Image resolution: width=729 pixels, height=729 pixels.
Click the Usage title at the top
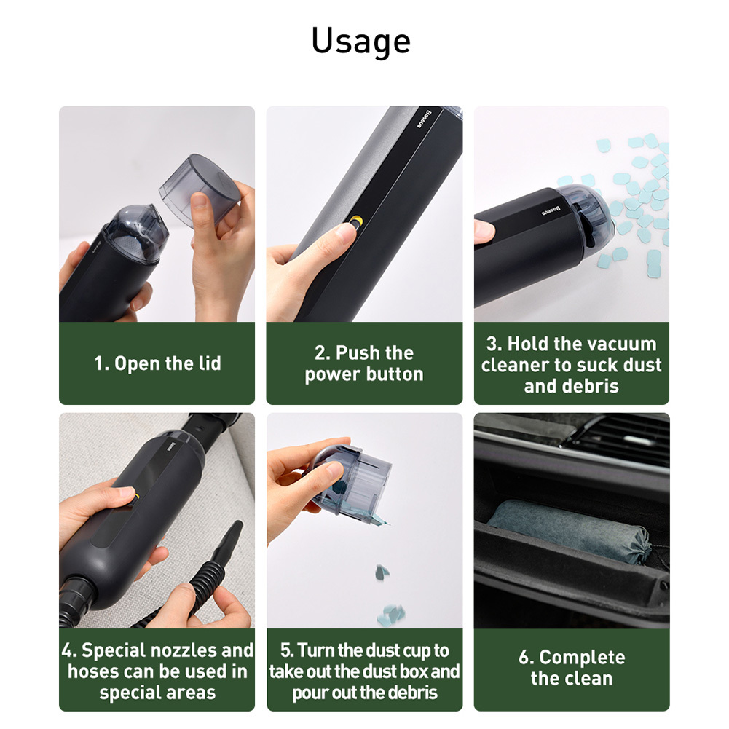coord(360,42)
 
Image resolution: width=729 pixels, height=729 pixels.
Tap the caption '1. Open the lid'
coord(157,363)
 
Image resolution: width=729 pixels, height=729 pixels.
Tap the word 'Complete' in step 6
coord(582,658)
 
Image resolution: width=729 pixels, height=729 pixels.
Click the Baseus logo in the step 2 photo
coord(425,119)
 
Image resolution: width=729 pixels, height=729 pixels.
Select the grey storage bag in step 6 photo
coord(570,530)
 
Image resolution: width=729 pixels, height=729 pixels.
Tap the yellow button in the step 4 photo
coord(135,498)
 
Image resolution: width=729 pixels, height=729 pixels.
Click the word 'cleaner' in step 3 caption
coord(513,366)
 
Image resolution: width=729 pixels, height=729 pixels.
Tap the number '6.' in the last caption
coord(526,658)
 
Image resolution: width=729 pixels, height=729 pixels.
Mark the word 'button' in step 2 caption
coord(395,375)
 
